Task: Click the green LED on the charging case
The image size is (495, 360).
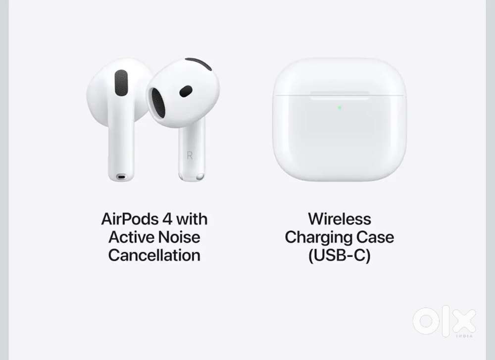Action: tap(340, 107)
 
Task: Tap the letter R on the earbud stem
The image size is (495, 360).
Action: tap(190, 155)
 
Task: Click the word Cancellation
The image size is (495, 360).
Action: tap(154, 255)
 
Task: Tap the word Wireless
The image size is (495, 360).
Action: tap(340, 219)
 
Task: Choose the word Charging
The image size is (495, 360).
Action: tap(319, 238)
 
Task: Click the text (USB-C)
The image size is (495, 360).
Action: tap(340, 256)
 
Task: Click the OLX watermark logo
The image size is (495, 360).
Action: tap(444, 321)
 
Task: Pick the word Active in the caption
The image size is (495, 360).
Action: tap(132, 237)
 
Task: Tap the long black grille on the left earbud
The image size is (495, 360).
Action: tap(121, 82)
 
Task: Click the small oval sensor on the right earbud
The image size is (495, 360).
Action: tap(186, 91)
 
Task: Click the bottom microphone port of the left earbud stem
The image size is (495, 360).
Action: tap(121, 176)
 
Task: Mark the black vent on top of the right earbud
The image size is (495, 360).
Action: tap(198, 63)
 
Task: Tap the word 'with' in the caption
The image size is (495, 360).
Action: tap(192, 219)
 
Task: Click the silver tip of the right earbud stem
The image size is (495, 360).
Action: tap(200, 176)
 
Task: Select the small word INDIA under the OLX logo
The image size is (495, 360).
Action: tap(464, 336)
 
